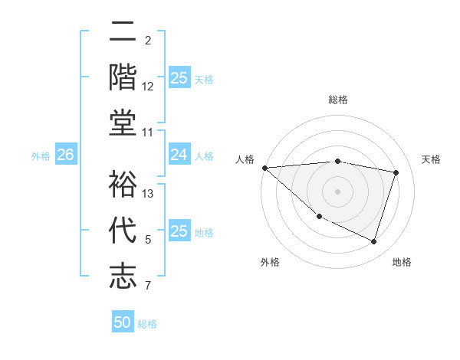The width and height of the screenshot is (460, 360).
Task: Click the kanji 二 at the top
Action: (123, 32)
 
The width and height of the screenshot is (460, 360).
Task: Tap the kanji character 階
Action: (123, 77)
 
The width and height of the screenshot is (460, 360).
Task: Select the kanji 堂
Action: (123, 122)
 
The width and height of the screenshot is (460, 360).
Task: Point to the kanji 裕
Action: (123, 184)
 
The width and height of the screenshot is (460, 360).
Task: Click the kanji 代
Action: (123, 230)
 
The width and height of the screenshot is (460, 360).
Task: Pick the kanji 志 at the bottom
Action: (123, 275)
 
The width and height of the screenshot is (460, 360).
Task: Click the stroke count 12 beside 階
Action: (148, 87)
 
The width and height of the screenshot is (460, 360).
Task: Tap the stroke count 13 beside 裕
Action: (149, 194)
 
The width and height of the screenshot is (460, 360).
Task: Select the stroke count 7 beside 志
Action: (148, 286)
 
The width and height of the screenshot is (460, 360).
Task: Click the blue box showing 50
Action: (123, 322)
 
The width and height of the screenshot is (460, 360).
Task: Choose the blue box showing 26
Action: (65, 155)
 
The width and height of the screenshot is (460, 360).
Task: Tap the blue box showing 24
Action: (179, 155)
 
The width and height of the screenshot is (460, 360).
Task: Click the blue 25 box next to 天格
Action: (179, 78)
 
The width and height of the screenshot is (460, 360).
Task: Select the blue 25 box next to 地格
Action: (179, 232)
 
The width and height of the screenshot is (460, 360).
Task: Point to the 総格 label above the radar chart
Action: (337, 100)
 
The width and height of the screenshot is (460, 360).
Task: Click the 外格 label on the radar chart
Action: (270, 262)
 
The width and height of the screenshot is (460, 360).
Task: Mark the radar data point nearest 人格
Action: (264, 168)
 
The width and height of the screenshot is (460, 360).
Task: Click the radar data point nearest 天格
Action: (396, 172)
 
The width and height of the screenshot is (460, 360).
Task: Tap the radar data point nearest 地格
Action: (373, 242)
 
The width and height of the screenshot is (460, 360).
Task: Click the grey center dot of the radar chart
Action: (337, 191)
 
